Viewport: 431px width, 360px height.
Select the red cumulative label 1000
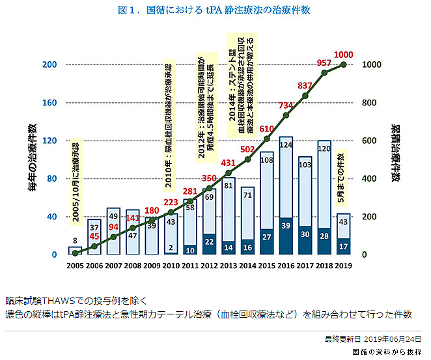pos(343,54)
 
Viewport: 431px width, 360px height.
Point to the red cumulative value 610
pos(266,129)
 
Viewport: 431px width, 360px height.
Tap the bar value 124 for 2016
pos(285,145)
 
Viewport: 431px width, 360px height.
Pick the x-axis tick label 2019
pos(343,267)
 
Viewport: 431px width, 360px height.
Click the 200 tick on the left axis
pos(49,65)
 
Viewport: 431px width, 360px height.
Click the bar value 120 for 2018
pos(324,148)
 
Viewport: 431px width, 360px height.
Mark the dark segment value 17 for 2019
pos(343,246)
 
